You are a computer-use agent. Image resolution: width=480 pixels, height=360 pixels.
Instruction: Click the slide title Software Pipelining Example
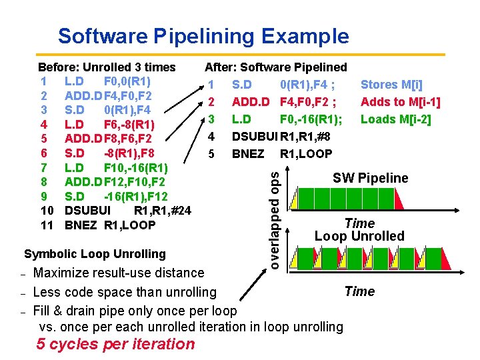click(x=203, y=35)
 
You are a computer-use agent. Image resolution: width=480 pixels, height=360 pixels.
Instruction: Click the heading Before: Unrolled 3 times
click(x=107, y=67)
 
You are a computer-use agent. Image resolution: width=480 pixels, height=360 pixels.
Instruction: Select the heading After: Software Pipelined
click(x=276, y=67)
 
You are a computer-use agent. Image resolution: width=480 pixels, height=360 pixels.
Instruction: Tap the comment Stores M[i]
click(x=392, y=85)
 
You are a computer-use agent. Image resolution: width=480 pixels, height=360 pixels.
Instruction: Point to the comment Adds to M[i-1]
click(x=400, y=102)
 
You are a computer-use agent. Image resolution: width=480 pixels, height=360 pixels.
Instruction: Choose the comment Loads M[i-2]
click(x=396, y=119)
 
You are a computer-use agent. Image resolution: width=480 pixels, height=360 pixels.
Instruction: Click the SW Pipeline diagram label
click(x=371, y=178)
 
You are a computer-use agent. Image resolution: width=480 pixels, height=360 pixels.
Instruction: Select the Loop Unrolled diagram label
click(x=359, y=236)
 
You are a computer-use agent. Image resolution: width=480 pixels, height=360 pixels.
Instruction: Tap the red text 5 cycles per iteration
click(x=116, y=344)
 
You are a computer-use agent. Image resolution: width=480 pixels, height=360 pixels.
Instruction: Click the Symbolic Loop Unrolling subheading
click(x=95, y=254)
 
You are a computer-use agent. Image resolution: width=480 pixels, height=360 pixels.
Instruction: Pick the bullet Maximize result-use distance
click(x=119, y=273)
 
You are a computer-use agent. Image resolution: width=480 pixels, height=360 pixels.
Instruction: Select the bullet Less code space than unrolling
click(x=125, y=292)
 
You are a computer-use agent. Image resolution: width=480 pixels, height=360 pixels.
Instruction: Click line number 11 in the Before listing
click(x=47, y=225)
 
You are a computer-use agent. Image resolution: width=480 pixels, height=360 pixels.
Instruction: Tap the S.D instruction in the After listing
click(x=242, y=85)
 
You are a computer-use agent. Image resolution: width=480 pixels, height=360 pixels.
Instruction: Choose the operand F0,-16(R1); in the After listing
click(x=311, y=119)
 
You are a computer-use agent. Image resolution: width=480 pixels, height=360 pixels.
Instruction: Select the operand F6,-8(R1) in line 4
click(x=129, y=125)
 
